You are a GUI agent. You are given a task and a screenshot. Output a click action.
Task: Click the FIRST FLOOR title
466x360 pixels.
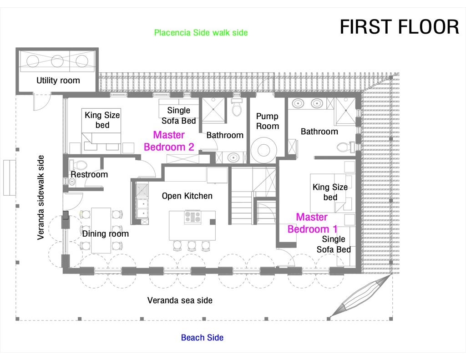click(x=399, y=27)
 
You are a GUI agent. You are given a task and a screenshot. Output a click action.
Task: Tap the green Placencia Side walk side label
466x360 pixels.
click(x=201, y=33)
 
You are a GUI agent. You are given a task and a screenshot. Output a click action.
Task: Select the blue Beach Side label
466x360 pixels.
click(x=202, y=338)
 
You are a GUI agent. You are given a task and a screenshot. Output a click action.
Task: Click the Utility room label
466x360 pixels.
click(x=58, y=81)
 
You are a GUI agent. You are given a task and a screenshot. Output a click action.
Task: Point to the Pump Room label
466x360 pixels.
click(x=267, y=121)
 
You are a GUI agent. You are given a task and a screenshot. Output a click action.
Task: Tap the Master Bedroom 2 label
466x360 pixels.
click(x=169, y=141)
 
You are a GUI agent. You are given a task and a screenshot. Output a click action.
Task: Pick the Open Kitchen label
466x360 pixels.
click(x=187, y=196)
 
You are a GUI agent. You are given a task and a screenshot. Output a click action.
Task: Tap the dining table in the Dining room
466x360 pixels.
click(x=101, y=230)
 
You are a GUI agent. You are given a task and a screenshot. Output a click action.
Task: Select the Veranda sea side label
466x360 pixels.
click(x=180, y=300)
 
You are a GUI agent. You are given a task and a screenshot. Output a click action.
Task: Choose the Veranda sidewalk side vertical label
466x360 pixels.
click(x=41, y=198)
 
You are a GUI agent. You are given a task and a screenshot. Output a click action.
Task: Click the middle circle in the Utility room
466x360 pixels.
click(x=57, y=61)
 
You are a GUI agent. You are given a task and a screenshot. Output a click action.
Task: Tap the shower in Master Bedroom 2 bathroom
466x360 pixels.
click(x=213, y=110)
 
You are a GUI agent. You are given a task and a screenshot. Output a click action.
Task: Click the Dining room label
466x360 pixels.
click(x=105, y=234)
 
